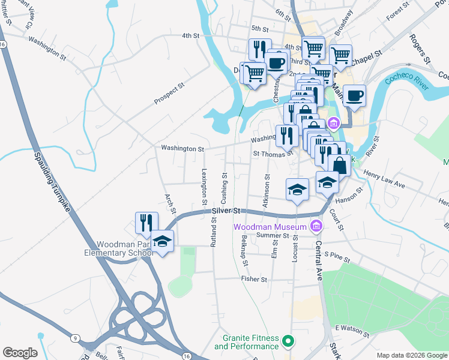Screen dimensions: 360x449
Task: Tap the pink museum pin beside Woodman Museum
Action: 315,226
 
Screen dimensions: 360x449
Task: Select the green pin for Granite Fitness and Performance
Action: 288,341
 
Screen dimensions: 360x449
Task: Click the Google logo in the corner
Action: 20,353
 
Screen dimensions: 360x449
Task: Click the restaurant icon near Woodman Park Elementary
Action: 146,223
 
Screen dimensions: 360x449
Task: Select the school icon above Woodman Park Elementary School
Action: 161,241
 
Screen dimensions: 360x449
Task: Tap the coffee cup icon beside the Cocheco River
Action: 355,95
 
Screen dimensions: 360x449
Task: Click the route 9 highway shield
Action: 74,338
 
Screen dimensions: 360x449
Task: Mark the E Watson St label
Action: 351,328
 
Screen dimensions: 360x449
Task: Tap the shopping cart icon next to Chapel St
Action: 340,55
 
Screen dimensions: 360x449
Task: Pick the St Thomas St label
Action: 273,154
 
